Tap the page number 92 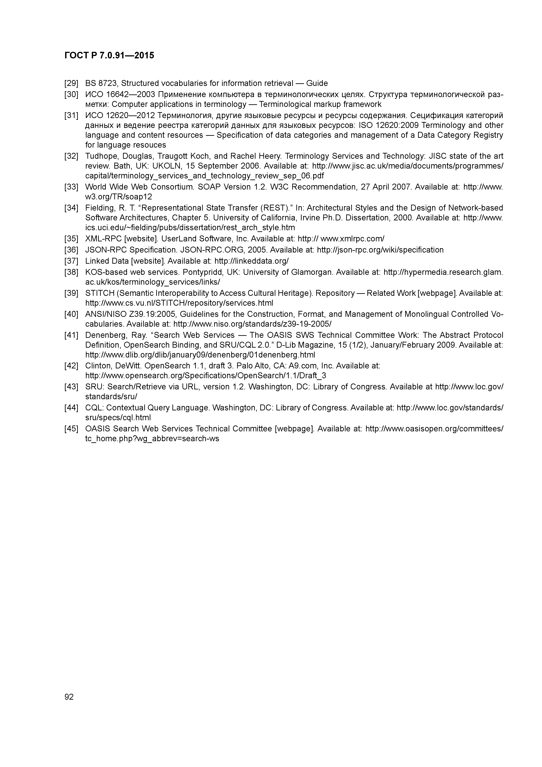point(69,697)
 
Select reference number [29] point(71,83)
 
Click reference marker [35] point(71,239)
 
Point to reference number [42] point(71,366)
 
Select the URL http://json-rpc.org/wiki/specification point(380,250)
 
